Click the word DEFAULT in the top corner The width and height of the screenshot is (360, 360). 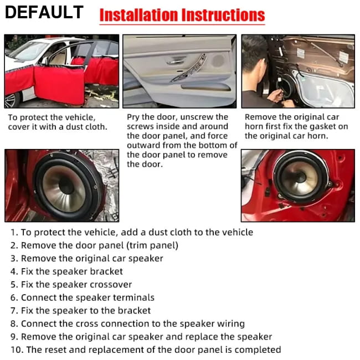point(44,12)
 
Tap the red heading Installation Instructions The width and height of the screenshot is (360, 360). point(182,15)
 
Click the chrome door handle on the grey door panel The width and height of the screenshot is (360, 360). point(176,62)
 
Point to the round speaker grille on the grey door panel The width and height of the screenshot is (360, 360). point(218,60)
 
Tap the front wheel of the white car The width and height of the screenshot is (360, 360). point(11,100)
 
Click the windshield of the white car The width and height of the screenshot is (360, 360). point(28,52)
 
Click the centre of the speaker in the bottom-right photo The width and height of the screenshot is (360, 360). point(300,177)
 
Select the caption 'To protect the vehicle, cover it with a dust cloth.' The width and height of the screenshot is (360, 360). point(58,122)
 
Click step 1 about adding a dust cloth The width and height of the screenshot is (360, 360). point(132,232)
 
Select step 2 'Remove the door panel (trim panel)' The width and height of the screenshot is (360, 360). point(94,245)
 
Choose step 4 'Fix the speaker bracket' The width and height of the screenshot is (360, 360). point(66,271)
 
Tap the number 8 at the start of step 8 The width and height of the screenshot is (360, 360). point(13,324)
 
